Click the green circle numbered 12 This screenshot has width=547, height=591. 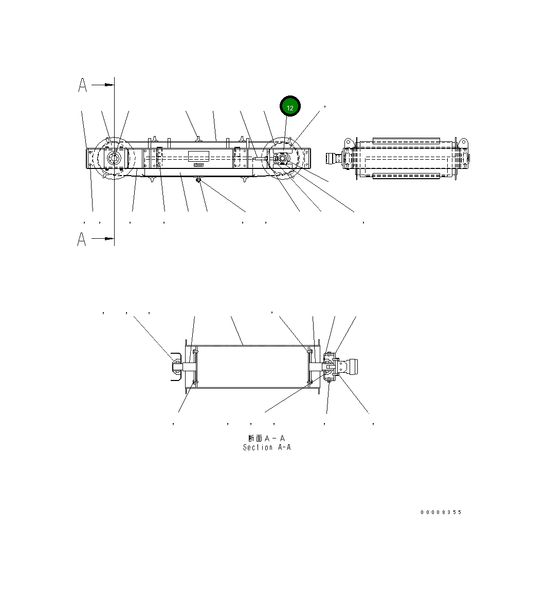(x=290, y=107)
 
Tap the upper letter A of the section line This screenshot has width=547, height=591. (x=82, y=85)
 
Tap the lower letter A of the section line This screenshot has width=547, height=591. (x=82, y=239)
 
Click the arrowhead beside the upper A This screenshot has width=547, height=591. (x=109, y=84)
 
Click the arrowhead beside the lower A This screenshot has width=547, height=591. (x=109, y=238)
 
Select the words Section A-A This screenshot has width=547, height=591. (x=267, y=447)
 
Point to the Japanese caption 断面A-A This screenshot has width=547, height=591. (x=266, y=438)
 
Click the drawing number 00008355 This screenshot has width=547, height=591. (x=441, y=512)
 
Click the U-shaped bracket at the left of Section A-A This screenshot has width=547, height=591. (x=175, y=367)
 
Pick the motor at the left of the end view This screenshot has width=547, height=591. (x=335, y=159)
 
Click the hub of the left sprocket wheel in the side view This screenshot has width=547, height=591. (x=114, y=159)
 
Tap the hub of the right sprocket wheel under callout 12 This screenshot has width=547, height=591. (x=282, y=159)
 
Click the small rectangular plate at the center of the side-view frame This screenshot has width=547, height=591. (x=198, y=156)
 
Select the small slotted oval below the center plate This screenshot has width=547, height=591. (x=198, y=165)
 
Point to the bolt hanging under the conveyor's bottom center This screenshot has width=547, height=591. (x=198, y=180)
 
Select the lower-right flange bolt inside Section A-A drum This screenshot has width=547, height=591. (x=309, y=382)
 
